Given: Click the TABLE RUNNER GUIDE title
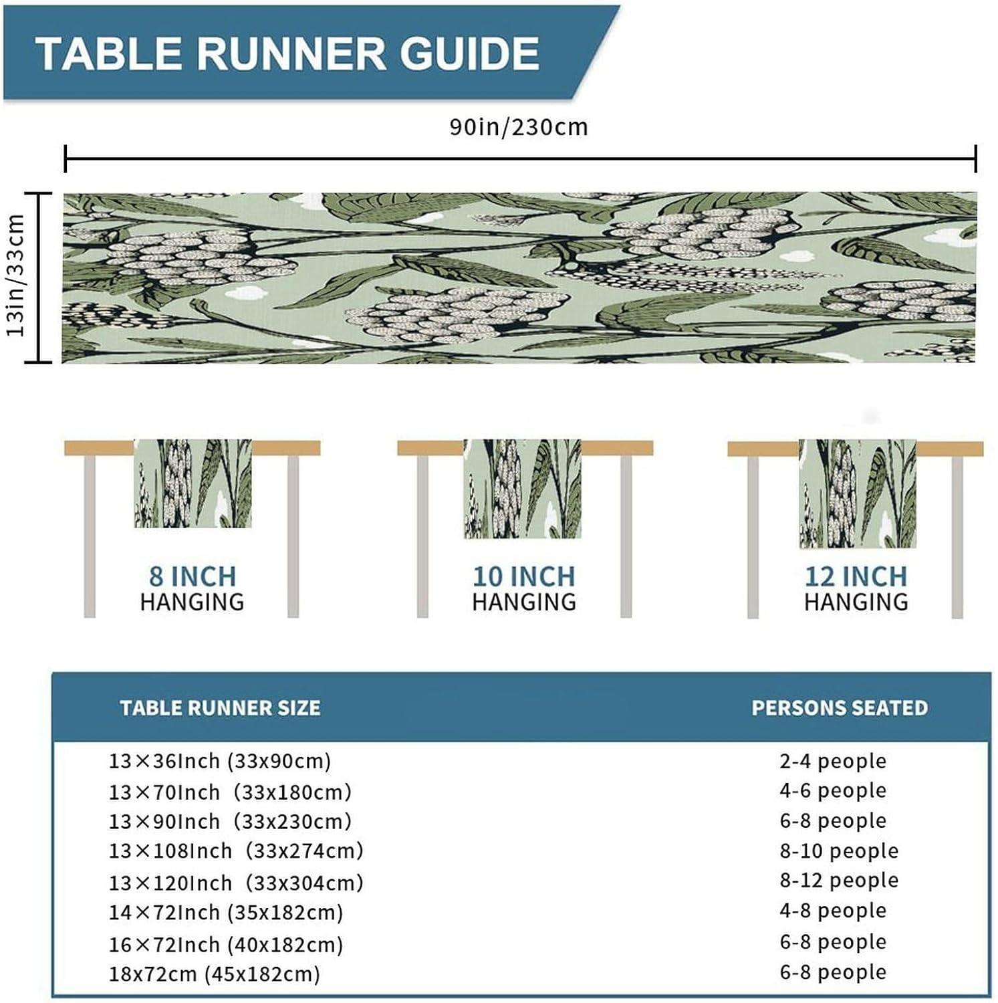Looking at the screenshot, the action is click(x=287, y=53).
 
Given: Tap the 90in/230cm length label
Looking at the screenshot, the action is click(x=519, y=127).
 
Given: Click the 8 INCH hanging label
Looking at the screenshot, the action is click(x=193, y=588).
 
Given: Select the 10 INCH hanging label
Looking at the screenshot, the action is click(x=524, y=588).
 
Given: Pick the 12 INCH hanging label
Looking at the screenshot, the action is click(x=856, y=588).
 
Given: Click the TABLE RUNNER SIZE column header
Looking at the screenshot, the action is click(x=220, y=708).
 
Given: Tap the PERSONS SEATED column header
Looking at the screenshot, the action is click(x=840, y=708).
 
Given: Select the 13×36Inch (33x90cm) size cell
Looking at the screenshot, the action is click(x=220, y=761).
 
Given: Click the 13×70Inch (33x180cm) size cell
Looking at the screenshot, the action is click(x=230, y=792).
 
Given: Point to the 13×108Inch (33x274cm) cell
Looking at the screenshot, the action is click(x=236, y=851).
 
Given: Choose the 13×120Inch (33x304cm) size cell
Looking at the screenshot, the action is click(x=236, y=883).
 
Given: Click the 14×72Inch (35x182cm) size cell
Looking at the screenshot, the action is click(x=226, y=912).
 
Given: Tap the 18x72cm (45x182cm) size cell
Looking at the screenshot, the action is click(x=215, y=974).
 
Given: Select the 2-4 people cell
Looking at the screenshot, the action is click(x=833, y=761).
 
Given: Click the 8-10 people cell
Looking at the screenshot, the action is click(x=839, y=851).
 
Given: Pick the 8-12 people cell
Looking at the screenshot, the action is click(x=839, y=880).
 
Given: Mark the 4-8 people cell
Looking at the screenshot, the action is click(x=833, y=910).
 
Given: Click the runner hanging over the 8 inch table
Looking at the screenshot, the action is click(x=193, y=483).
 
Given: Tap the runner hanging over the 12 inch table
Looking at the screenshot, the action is click(x=858, y=493).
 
